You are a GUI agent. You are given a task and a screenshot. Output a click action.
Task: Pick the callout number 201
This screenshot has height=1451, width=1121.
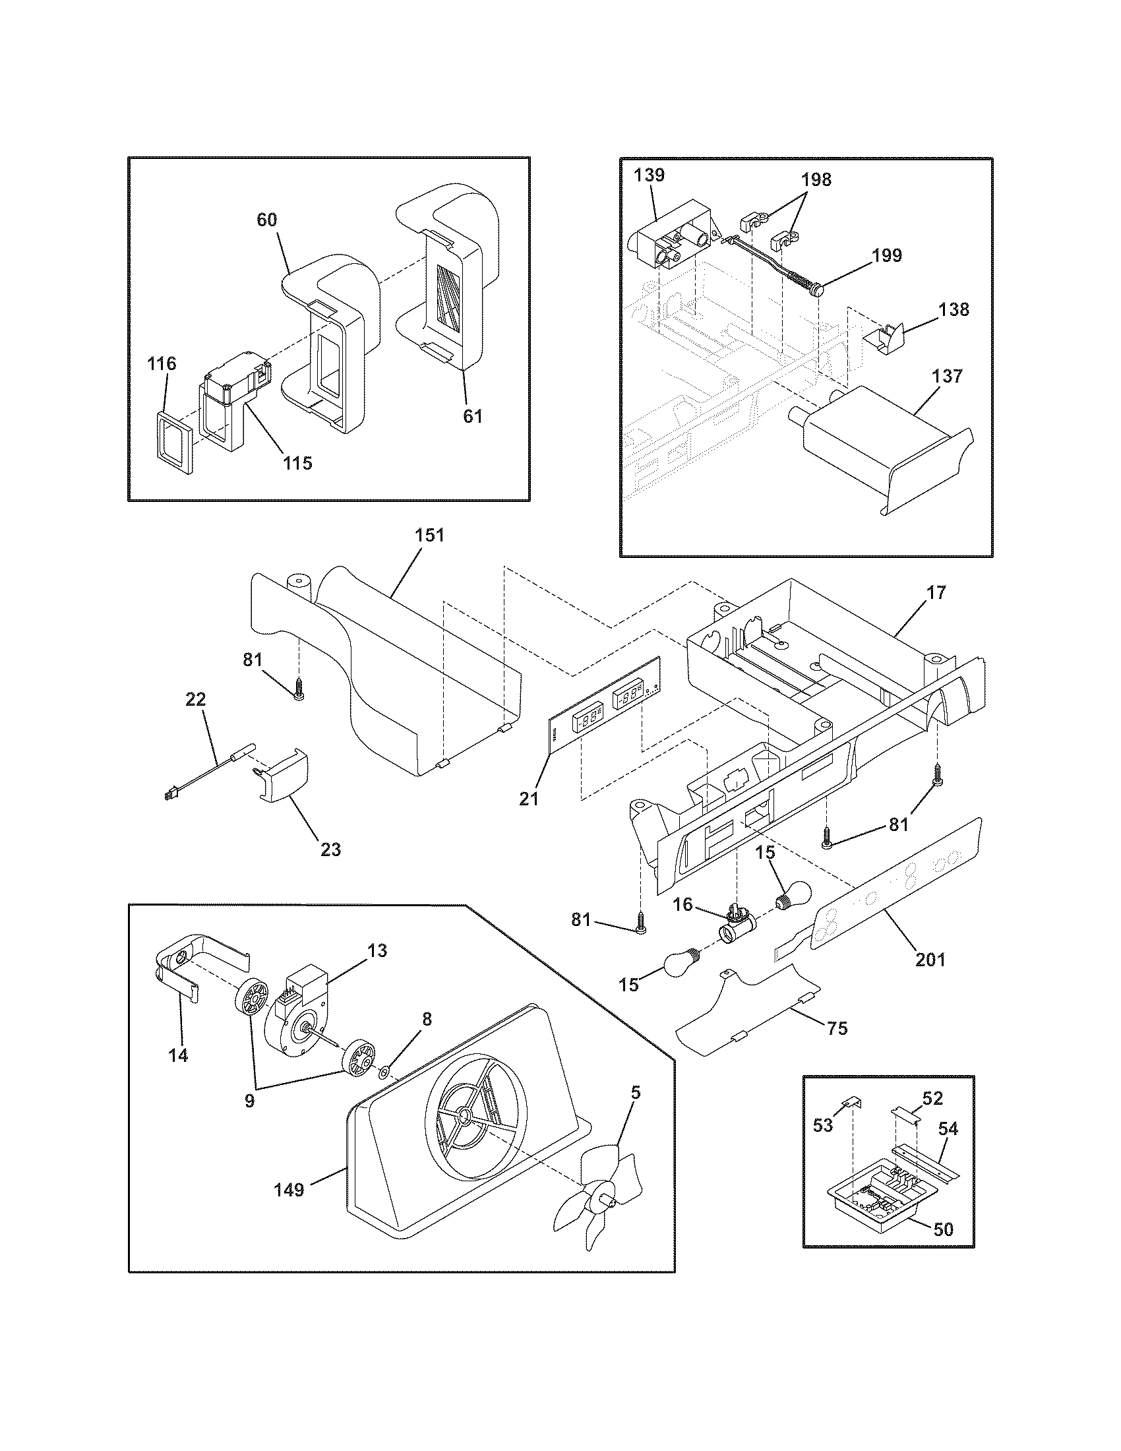(930, 959)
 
